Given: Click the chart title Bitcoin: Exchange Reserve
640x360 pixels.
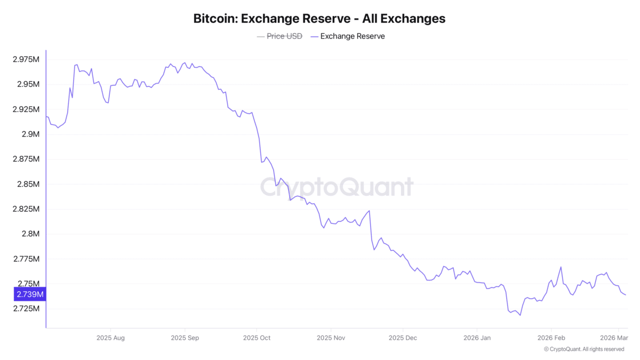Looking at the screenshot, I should click(x=319, y=18).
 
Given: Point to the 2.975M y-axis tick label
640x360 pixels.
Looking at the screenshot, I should click(x=26, y=59).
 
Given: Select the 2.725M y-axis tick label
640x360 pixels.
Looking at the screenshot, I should click(x=26, y=309).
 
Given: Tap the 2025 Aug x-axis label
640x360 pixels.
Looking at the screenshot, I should click(x=111, y=338).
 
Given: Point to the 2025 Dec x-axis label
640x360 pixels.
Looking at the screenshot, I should click(x=404, y=338).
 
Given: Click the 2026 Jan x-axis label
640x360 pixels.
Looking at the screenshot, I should click(x=477, y=338).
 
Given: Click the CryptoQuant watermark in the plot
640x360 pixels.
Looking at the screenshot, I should click(x=337, y=187).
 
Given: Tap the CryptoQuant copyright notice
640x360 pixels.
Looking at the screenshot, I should click(x=583, y=349).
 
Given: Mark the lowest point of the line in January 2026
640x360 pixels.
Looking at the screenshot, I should click(x=520, y=315).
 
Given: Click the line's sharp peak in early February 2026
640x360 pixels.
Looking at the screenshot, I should click(x=561, y=267).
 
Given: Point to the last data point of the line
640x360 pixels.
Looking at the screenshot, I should click(x=626, y=295).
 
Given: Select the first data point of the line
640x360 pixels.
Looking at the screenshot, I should click(x=46, y=116).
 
